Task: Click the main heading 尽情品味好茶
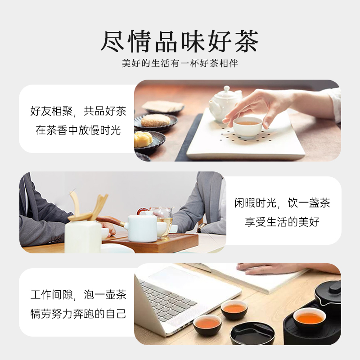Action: pos(180,42)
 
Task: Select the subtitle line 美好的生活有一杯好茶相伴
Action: pos(180,63)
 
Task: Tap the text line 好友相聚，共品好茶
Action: pos(78,112)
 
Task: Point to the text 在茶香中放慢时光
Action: pos(78,131)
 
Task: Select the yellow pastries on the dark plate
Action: pos(144,139)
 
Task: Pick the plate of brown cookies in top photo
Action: pos(155,121)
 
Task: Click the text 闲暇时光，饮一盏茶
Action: pos(283,203)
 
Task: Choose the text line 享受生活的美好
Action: pos(283,222)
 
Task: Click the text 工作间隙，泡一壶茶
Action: pos(78,295)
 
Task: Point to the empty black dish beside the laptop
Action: pos(252,333)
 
